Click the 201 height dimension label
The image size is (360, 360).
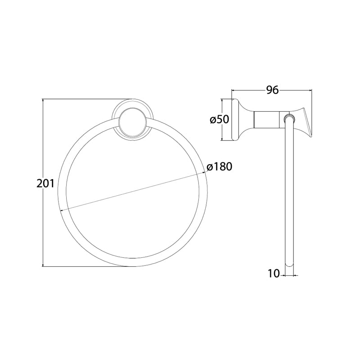(x=45, y=184)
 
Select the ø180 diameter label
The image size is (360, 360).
(x=219, y=166)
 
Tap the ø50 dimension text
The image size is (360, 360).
(x=220, y=119)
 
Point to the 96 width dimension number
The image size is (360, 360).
(x=272, y=90)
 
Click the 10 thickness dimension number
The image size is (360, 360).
(x=274, y=274)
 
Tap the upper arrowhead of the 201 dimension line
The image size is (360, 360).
(x=43, y=101)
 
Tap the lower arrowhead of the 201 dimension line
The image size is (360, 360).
(x=43, y=265)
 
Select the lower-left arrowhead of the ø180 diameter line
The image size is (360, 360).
(x=62, y=210)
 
